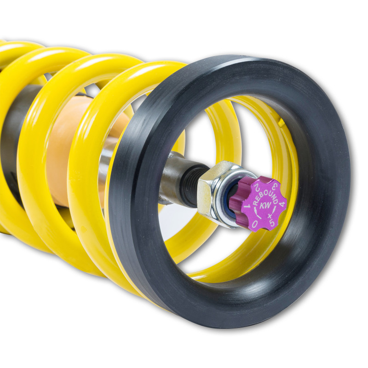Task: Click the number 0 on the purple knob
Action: point(254,224)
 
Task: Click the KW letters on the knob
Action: point(264,206)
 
